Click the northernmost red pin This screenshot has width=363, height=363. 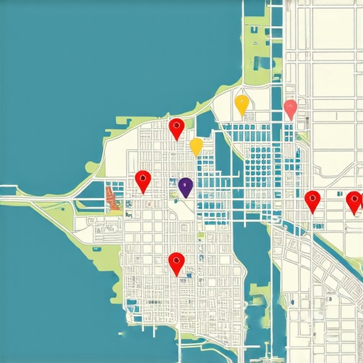[177, 128]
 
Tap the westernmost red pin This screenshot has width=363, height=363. [143, 180]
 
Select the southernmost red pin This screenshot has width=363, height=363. [177, 262]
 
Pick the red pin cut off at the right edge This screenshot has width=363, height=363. [354, 201]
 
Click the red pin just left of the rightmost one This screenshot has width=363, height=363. [313, 201]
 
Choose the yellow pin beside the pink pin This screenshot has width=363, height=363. [242, 104]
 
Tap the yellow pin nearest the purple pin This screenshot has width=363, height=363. [196, 145]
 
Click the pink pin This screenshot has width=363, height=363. [290, 108]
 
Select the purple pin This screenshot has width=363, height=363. [186, 186]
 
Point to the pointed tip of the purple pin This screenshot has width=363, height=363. [186, 197]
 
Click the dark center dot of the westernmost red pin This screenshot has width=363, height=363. [143, 177]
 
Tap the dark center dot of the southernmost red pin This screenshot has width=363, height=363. [177, 259]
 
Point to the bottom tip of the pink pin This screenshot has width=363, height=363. [290, 120]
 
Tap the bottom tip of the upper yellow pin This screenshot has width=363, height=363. [242, 116]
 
